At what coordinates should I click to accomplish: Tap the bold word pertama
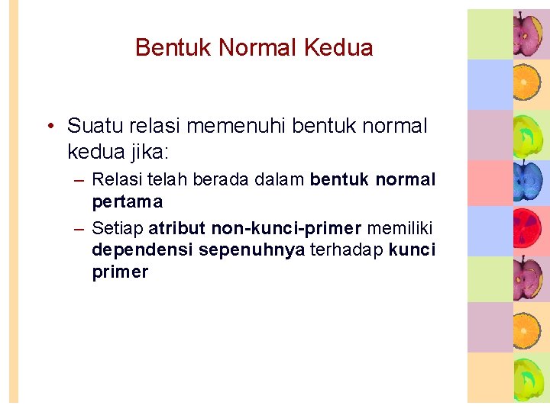[x=127, y=202]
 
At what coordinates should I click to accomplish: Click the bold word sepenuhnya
[x=251, y=249]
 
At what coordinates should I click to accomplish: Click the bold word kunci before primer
[x=412, y=249]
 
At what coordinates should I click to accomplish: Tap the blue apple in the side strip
[x=528, y=182]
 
